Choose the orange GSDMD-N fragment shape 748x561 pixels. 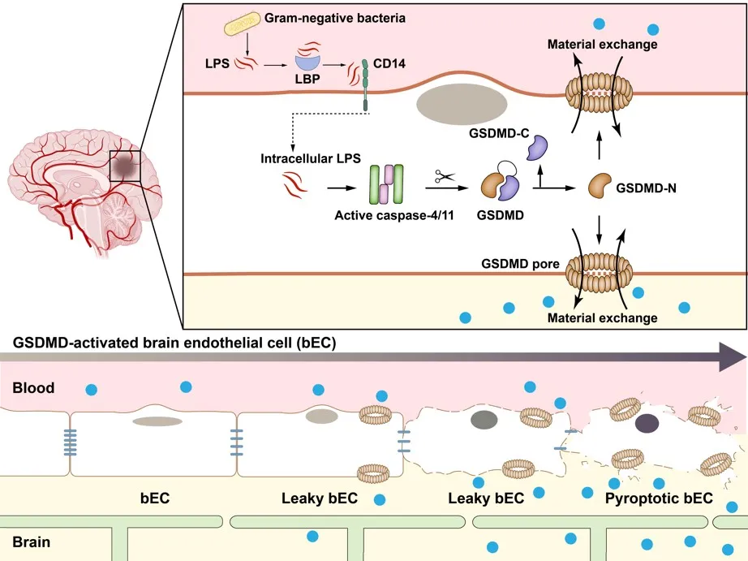pos(601,185)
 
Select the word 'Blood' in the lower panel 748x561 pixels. pos(34,388)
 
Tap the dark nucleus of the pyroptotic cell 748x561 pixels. pos(647,422)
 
